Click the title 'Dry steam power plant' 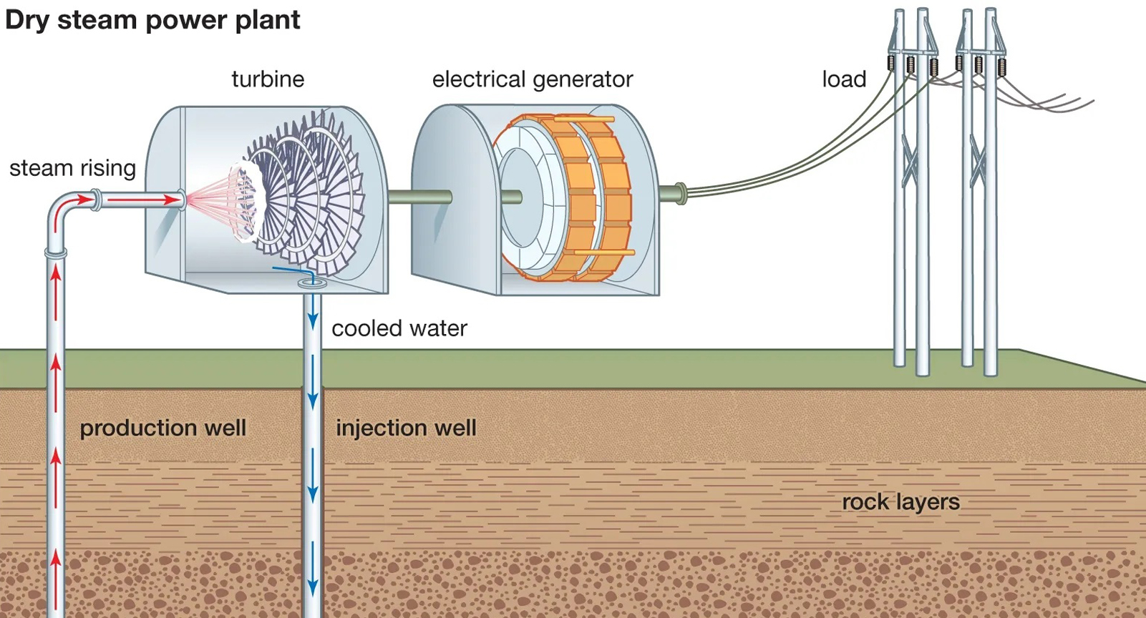pyautogui.click(x=152, y=20)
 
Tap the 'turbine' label pyautogui.click(x=268, y=79)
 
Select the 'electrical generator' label pyautogui.click(x=532, y=79)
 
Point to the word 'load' pyautogui.click(x=844, y=79)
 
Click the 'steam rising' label pyautogui.click(x=72, y=168)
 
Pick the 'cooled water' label pyautogui.click(x=399, y=328)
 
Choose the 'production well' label pyautogui.click(x=162, y=428)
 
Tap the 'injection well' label pyautogui.click(x=406, y=428)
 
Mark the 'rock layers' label pyautogui.click(x=900, y=502)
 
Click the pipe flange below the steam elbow pyautogui.click(x=56, y=252)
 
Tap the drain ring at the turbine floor pyautogui.click(x=311, y=283)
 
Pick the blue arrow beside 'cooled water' pyautogui.click(x=312, y=315)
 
